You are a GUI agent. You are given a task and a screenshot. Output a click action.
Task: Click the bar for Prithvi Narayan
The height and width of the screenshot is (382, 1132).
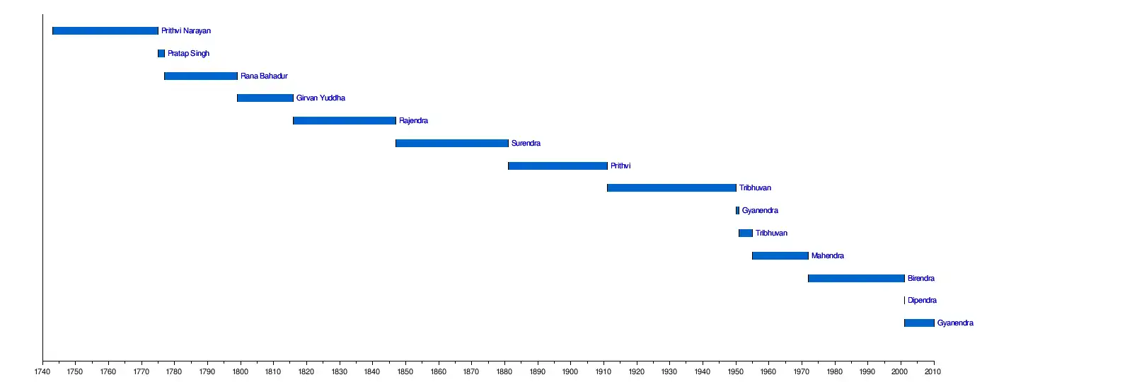coord(105,31)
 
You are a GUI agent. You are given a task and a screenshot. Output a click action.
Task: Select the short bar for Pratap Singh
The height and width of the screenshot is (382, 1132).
coord(161,54)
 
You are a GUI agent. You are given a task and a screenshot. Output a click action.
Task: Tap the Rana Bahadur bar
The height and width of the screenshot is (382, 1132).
coord(201,76)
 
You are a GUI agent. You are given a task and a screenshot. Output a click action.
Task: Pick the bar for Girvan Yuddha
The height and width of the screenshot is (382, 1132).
coord(265,98)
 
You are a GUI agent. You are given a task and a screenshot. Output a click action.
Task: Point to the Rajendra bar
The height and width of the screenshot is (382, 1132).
coord(345,121)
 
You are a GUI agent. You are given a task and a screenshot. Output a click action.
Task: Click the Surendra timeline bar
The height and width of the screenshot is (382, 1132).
coord(452,144)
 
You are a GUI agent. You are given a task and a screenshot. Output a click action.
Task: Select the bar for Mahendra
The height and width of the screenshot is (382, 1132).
coord(780,256)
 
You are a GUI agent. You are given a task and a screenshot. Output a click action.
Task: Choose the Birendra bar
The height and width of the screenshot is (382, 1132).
coord(856,279)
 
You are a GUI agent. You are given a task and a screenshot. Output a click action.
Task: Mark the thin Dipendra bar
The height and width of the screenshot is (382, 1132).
coord(904,301)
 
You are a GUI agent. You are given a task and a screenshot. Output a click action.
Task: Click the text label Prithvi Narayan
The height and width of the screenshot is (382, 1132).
coord(186,31)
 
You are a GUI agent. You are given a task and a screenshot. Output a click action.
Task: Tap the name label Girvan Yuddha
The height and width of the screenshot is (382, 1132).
coord(320,98)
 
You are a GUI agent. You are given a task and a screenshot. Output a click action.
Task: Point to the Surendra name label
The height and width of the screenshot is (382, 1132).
coord(526,144)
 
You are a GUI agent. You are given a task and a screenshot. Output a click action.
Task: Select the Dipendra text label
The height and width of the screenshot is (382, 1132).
coord(922,301)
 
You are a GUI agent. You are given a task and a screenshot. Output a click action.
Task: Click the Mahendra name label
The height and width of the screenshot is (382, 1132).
coord(827,256)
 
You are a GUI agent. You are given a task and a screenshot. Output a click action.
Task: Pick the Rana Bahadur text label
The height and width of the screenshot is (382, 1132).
coord(264,76)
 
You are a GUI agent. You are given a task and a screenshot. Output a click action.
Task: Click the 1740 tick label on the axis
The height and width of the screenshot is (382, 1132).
coord(42,372)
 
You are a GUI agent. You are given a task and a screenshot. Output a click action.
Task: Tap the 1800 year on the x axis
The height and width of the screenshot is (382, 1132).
coord(240,372)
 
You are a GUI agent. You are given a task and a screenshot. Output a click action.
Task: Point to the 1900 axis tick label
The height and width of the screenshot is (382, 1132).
coord(570,372)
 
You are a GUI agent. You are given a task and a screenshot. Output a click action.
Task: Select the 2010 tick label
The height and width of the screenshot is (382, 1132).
coord(932,372)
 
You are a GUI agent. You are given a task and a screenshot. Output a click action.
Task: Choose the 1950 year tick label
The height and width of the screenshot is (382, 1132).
coord(735,372)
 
